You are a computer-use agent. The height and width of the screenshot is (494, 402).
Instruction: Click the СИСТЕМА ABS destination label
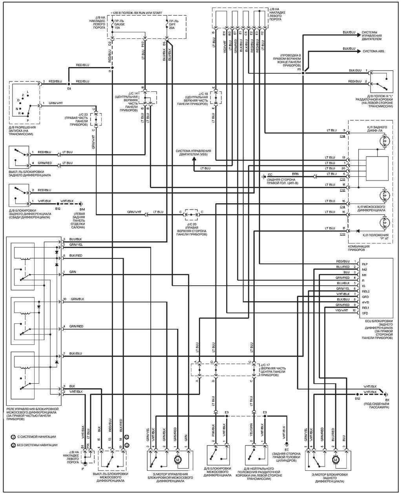click(373, 51)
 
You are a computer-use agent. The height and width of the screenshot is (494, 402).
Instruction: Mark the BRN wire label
click(294, 173)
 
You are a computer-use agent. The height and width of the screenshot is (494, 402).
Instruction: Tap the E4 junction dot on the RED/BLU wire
click(69, 84)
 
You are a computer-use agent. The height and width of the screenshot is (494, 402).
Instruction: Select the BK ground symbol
click(386, 394)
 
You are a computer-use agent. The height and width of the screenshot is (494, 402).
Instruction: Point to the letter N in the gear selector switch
click(17, 109)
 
